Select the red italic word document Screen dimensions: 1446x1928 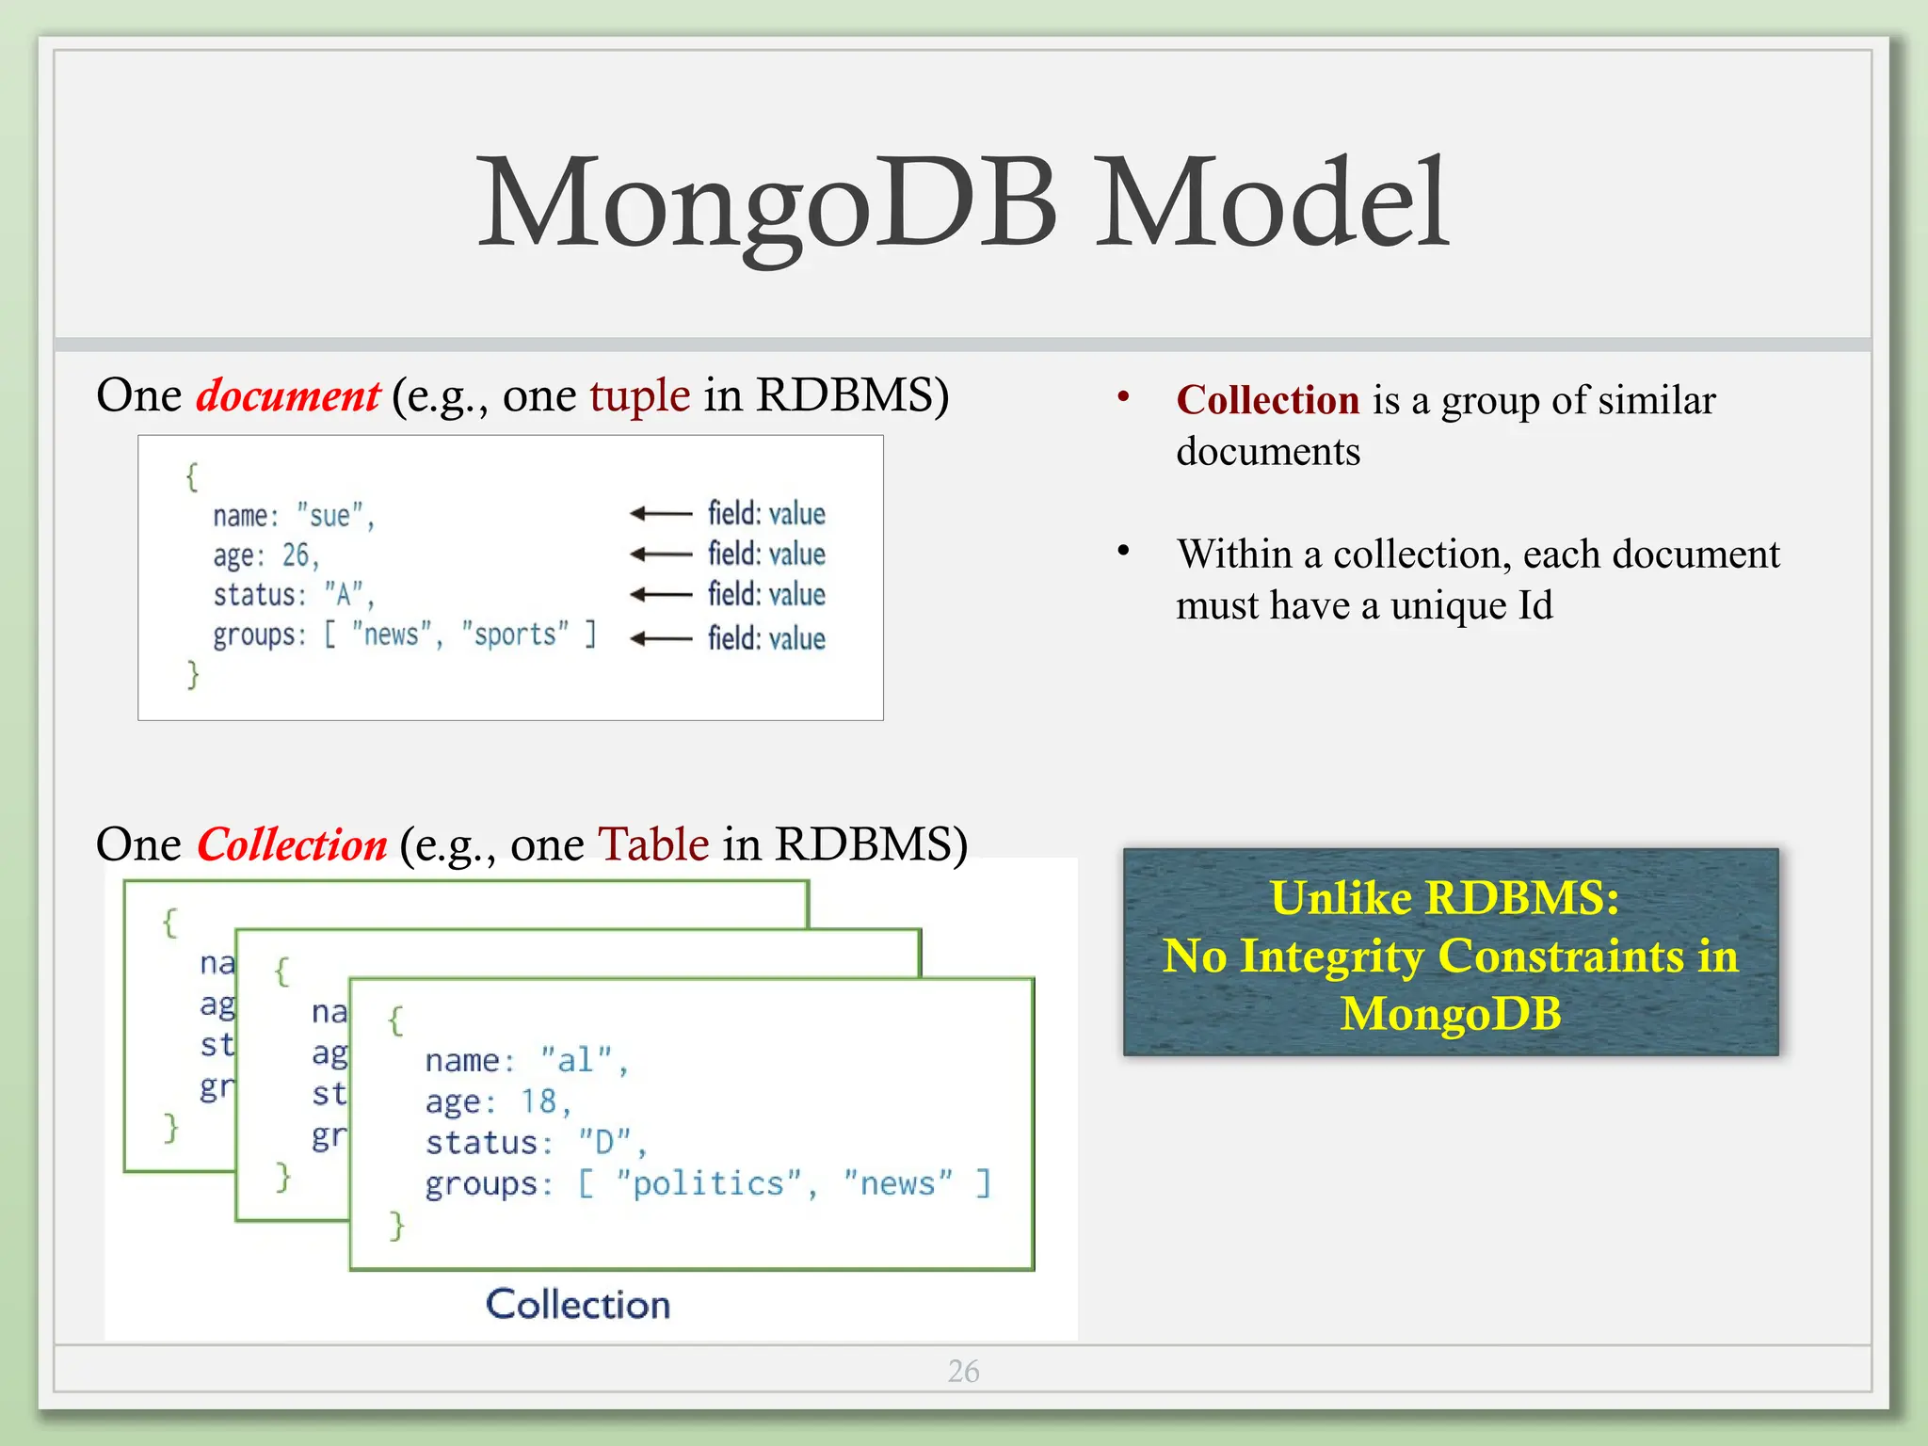click(x=287, y=396)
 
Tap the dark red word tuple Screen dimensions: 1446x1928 click(x=639, y=396)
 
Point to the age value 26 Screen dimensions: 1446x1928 click(x=296, y=555)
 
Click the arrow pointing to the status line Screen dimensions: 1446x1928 click(x=661, y=595)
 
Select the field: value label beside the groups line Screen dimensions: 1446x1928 click(x=766, y=638)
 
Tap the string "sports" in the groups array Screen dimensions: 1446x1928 click(x=515, y=635)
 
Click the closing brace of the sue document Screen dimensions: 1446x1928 click(x=193, y=675)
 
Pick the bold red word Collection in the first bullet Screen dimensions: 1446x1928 click(x=1267, y=401)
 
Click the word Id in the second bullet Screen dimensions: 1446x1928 click(x=1534, y=606)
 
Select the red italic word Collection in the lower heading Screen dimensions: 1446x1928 click(x=292, y=845)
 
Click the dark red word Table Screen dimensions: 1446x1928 click(x=653, y=845)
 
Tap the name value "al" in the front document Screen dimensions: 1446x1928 click(x=576, y=1060)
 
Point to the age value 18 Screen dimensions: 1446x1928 click(x=539, y=1101)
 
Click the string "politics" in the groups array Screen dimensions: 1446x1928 click(x=708, y=1183)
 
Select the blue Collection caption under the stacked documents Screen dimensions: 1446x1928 click(x=577, y=1305)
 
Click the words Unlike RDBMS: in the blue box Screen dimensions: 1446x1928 click(x=1444, y=898)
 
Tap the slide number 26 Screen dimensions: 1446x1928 click(x=963, y=1371)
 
